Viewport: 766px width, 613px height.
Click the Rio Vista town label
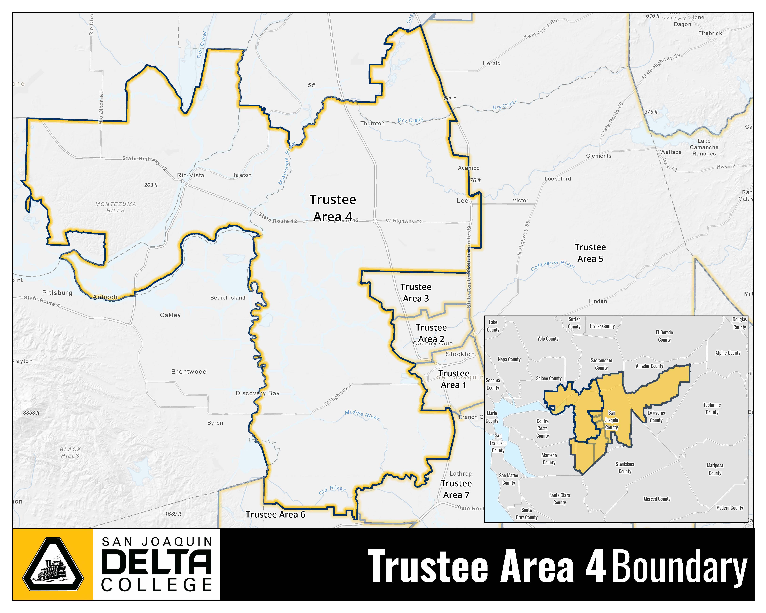[x=190, y=175]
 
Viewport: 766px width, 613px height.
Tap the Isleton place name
[x=242, y=175]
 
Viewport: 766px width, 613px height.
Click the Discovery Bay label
[x=258, y=393]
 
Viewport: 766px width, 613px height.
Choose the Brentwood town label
[x=189, y=372]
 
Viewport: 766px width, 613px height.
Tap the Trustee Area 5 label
[x=590, y=253]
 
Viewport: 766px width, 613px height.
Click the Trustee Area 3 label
[x=416, y=293]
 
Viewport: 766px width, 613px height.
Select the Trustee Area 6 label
[x=275, y=515]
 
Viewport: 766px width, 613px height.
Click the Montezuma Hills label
[x=115, y=207]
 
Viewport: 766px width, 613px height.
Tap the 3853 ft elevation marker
[x=31, y=413]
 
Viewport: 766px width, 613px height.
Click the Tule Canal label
[x=202, y=45]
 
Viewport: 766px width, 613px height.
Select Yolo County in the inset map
[x=548, y=339]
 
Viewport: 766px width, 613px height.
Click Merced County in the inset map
[x=657, y=499]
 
